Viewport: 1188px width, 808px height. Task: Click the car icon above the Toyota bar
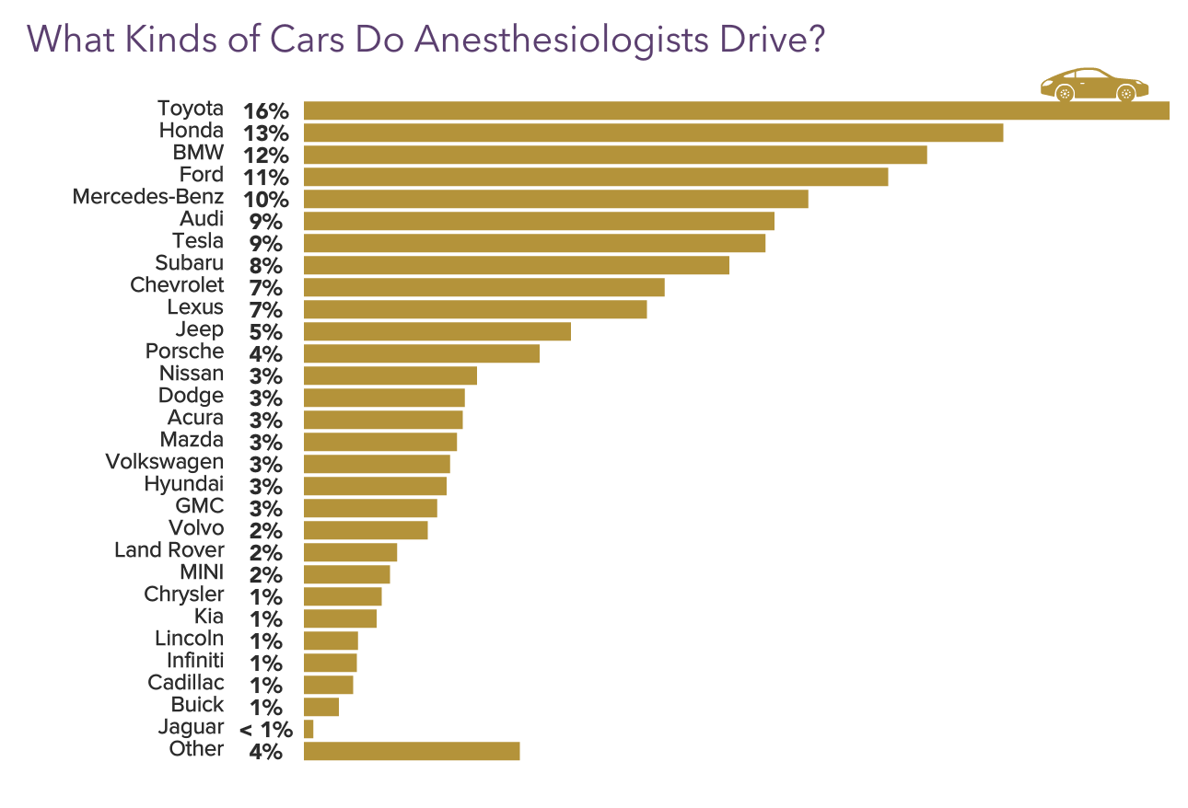pos(1094,85)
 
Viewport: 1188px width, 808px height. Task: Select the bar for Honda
pos(653,133)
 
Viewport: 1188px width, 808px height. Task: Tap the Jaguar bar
pos(309,729)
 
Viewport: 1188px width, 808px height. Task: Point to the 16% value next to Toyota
pos(266,111)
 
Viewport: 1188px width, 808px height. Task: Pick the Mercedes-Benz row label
pos(147,197)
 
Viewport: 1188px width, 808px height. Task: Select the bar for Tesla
pos(534,243)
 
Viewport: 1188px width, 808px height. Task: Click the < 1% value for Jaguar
pos(266,730)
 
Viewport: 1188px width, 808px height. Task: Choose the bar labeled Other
pos(412,751)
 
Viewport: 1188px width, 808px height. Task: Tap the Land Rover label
pos(169,550)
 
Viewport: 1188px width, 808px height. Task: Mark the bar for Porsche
pos(421,353)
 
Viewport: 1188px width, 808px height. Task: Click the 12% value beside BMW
pos(266,156)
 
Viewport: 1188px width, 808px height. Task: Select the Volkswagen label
pos(164,462)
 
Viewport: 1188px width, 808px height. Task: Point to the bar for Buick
pos(321,707)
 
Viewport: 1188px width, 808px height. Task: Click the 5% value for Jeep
pos(266,332)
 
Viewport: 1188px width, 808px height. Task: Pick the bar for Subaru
pos(516,265)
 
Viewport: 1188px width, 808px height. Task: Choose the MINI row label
pos(201,572)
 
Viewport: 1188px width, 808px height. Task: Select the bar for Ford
pos(596,177)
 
